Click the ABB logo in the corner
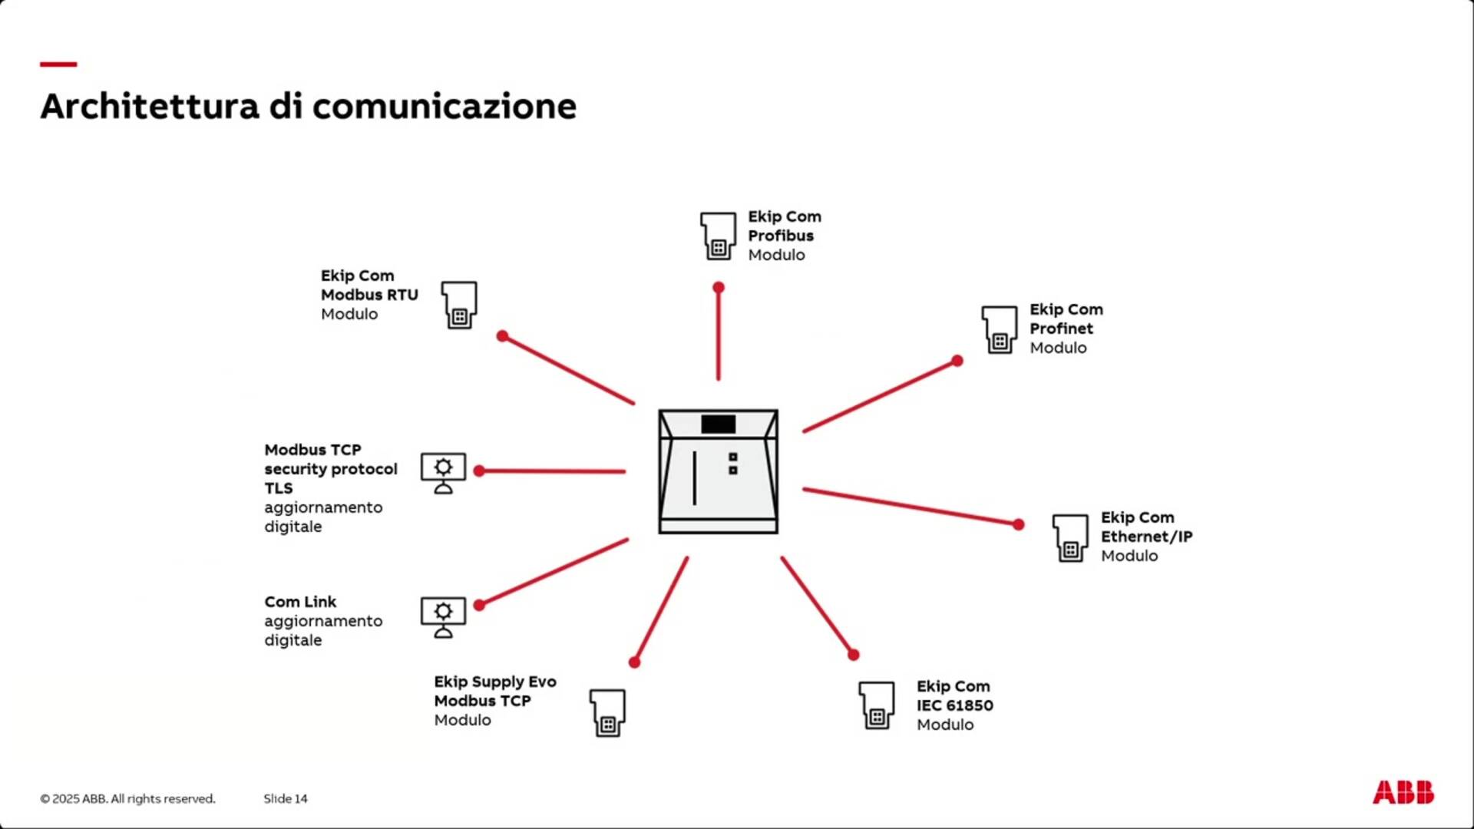(x=1403, y=792)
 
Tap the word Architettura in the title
(x=150, y=106)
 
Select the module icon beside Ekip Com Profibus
(x=718, y=236)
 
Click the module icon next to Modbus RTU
(x=459, y=305)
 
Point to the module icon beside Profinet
(x=999, y=329)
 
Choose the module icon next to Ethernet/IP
(x=1070, y=537)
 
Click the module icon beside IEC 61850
(x=876, y=705)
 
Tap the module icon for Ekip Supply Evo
(x=607, y=712)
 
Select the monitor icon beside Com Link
(x=443, y=617)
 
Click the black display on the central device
(x=718, y=424)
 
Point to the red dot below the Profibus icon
(x=719, y=288)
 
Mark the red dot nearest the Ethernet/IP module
(x=1018, y=524)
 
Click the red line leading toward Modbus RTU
(x=568, y=370)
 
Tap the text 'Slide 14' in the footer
(x=286, y=798)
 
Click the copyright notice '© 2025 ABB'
(x=127, y=798)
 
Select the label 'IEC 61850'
(x=954, y=705)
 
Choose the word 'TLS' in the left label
(x=279, y=488)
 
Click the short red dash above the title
(x=58, y=64)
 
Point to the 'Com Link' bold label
(x=300, y=602)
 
